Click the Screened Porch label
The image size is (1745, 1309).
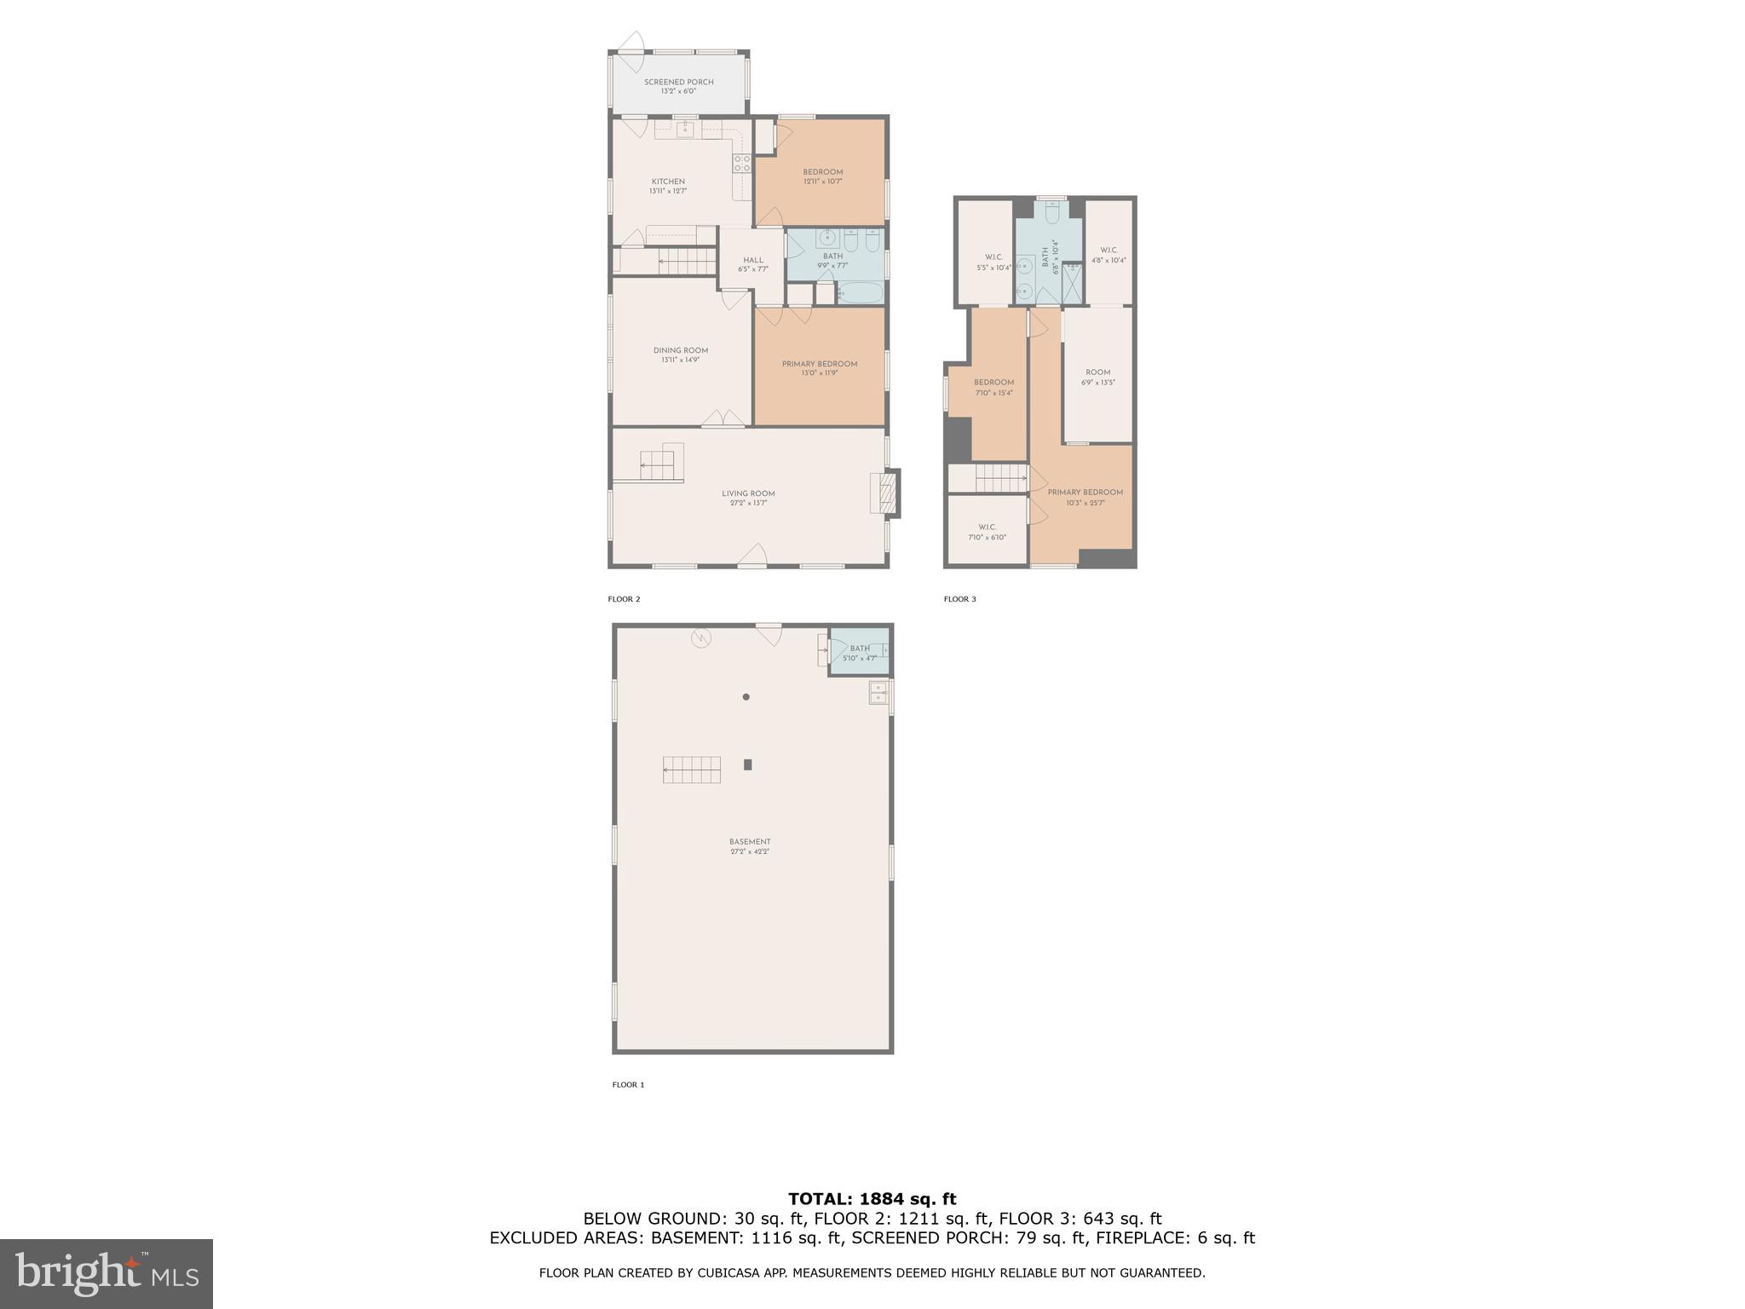tap(678, 86)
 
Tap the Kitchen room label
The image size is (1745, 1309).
tap(668, 186)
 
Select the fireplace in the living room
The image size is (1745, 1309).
tap(885, 493)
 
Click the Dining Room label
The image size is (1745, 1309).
tap(680, 355)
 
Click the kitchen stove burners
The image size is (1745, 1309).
tap(742, 164)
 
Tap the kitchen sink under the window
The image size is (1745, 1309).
tap(684, 130)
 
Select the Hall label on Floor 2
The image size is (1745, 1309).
tap(752, 264)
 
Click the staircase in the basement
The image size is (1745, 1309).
tap(692, 770)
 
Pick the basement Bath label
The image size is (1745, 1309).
tap(859, 653)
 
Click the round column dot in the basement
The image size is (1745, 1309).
tap(746, 697)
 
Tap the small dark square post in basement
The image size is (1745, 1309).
tap(748, 764)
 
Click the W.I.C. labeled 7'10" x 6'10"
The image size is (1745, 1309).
tap(987, 532)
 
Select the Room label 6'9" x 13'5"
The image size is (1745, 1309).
tap(1097, 377)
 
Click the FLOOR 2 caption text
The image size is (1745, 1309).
tap(624, 599)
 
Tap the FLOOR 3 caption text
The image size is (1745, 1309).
tap(959, 599)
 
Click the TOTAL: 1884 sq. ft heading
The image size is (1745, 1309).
tap(872, 1199)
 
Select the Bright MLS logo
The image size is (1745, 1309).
tap(107, 1273)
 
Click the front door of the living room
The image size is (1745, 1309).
tap(752, 557)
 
